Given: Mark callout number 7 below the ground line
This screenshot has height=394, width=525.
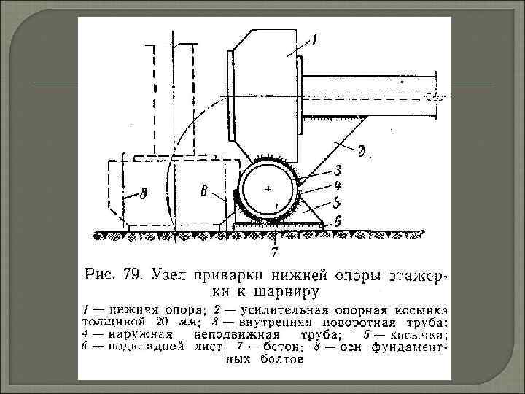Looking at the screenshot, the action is pos(274,253).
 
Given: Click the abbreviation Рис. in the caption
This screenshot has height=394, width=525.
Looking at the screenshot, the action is pos(101,276).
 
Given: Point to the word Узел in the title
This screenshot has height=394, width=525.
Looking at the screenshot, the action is pos(169,276).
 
